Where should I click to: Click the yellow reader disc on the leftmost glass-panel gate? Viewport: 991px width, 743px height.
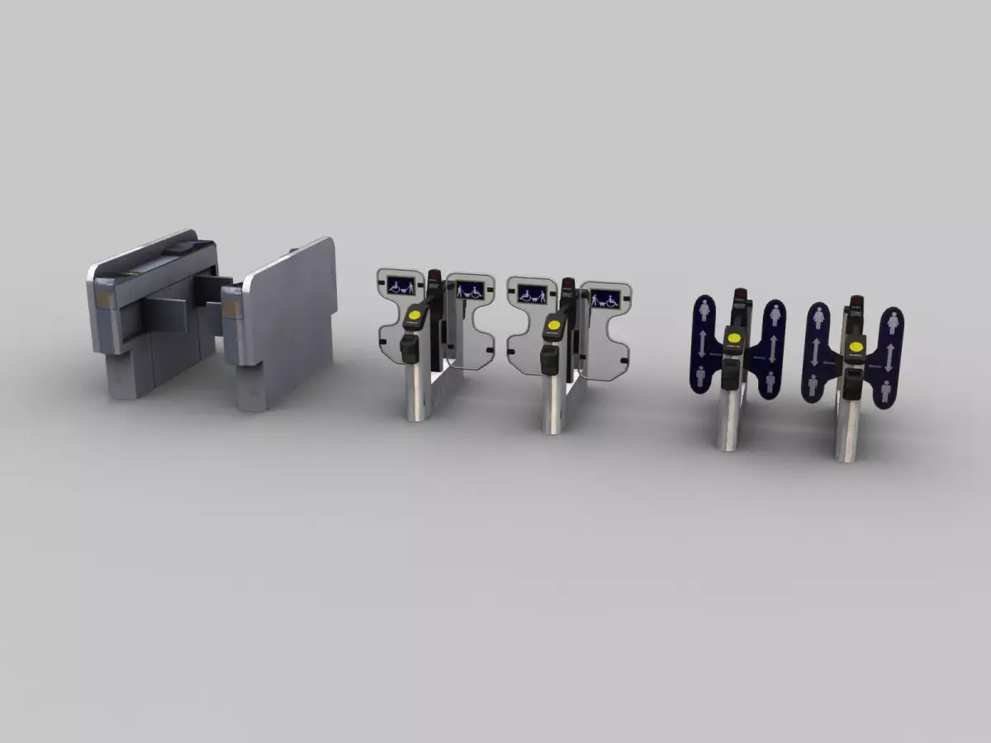(413, 315)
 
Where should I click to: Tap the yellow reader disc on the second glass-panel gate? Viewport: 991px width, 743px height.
(552, 327)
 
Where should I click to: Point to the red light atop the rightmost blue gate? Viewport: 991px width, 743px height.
(856, 299)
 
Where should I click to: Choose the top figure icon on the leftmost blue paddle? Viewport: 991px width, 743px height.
(704, 310)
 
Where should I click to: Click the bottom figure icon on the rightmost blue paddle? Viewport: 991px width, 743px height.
(887, 388)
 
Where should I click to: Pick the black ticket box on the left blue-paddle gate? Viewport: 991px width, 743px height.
(730, 371)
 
